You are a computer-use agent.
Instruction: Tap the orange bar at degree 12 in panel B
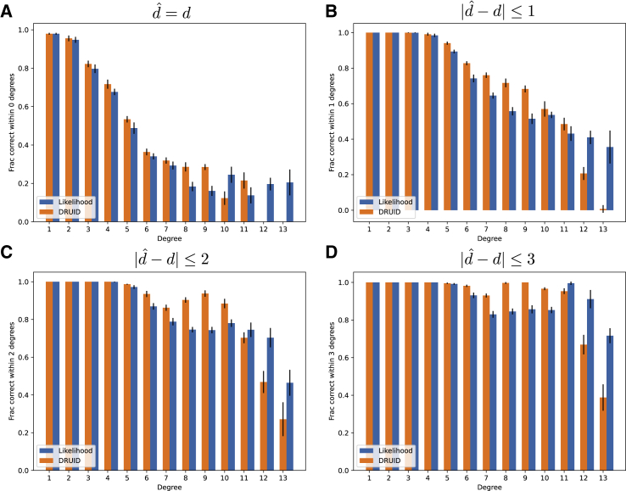(583, 192)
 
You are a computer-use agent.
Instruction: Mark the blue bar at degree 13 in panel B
(610, 179)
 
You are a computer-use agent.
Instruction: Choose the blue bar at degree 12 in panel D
(590, 384)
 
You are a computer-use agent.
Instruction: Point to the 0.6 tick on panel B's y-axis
(341, 103)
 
